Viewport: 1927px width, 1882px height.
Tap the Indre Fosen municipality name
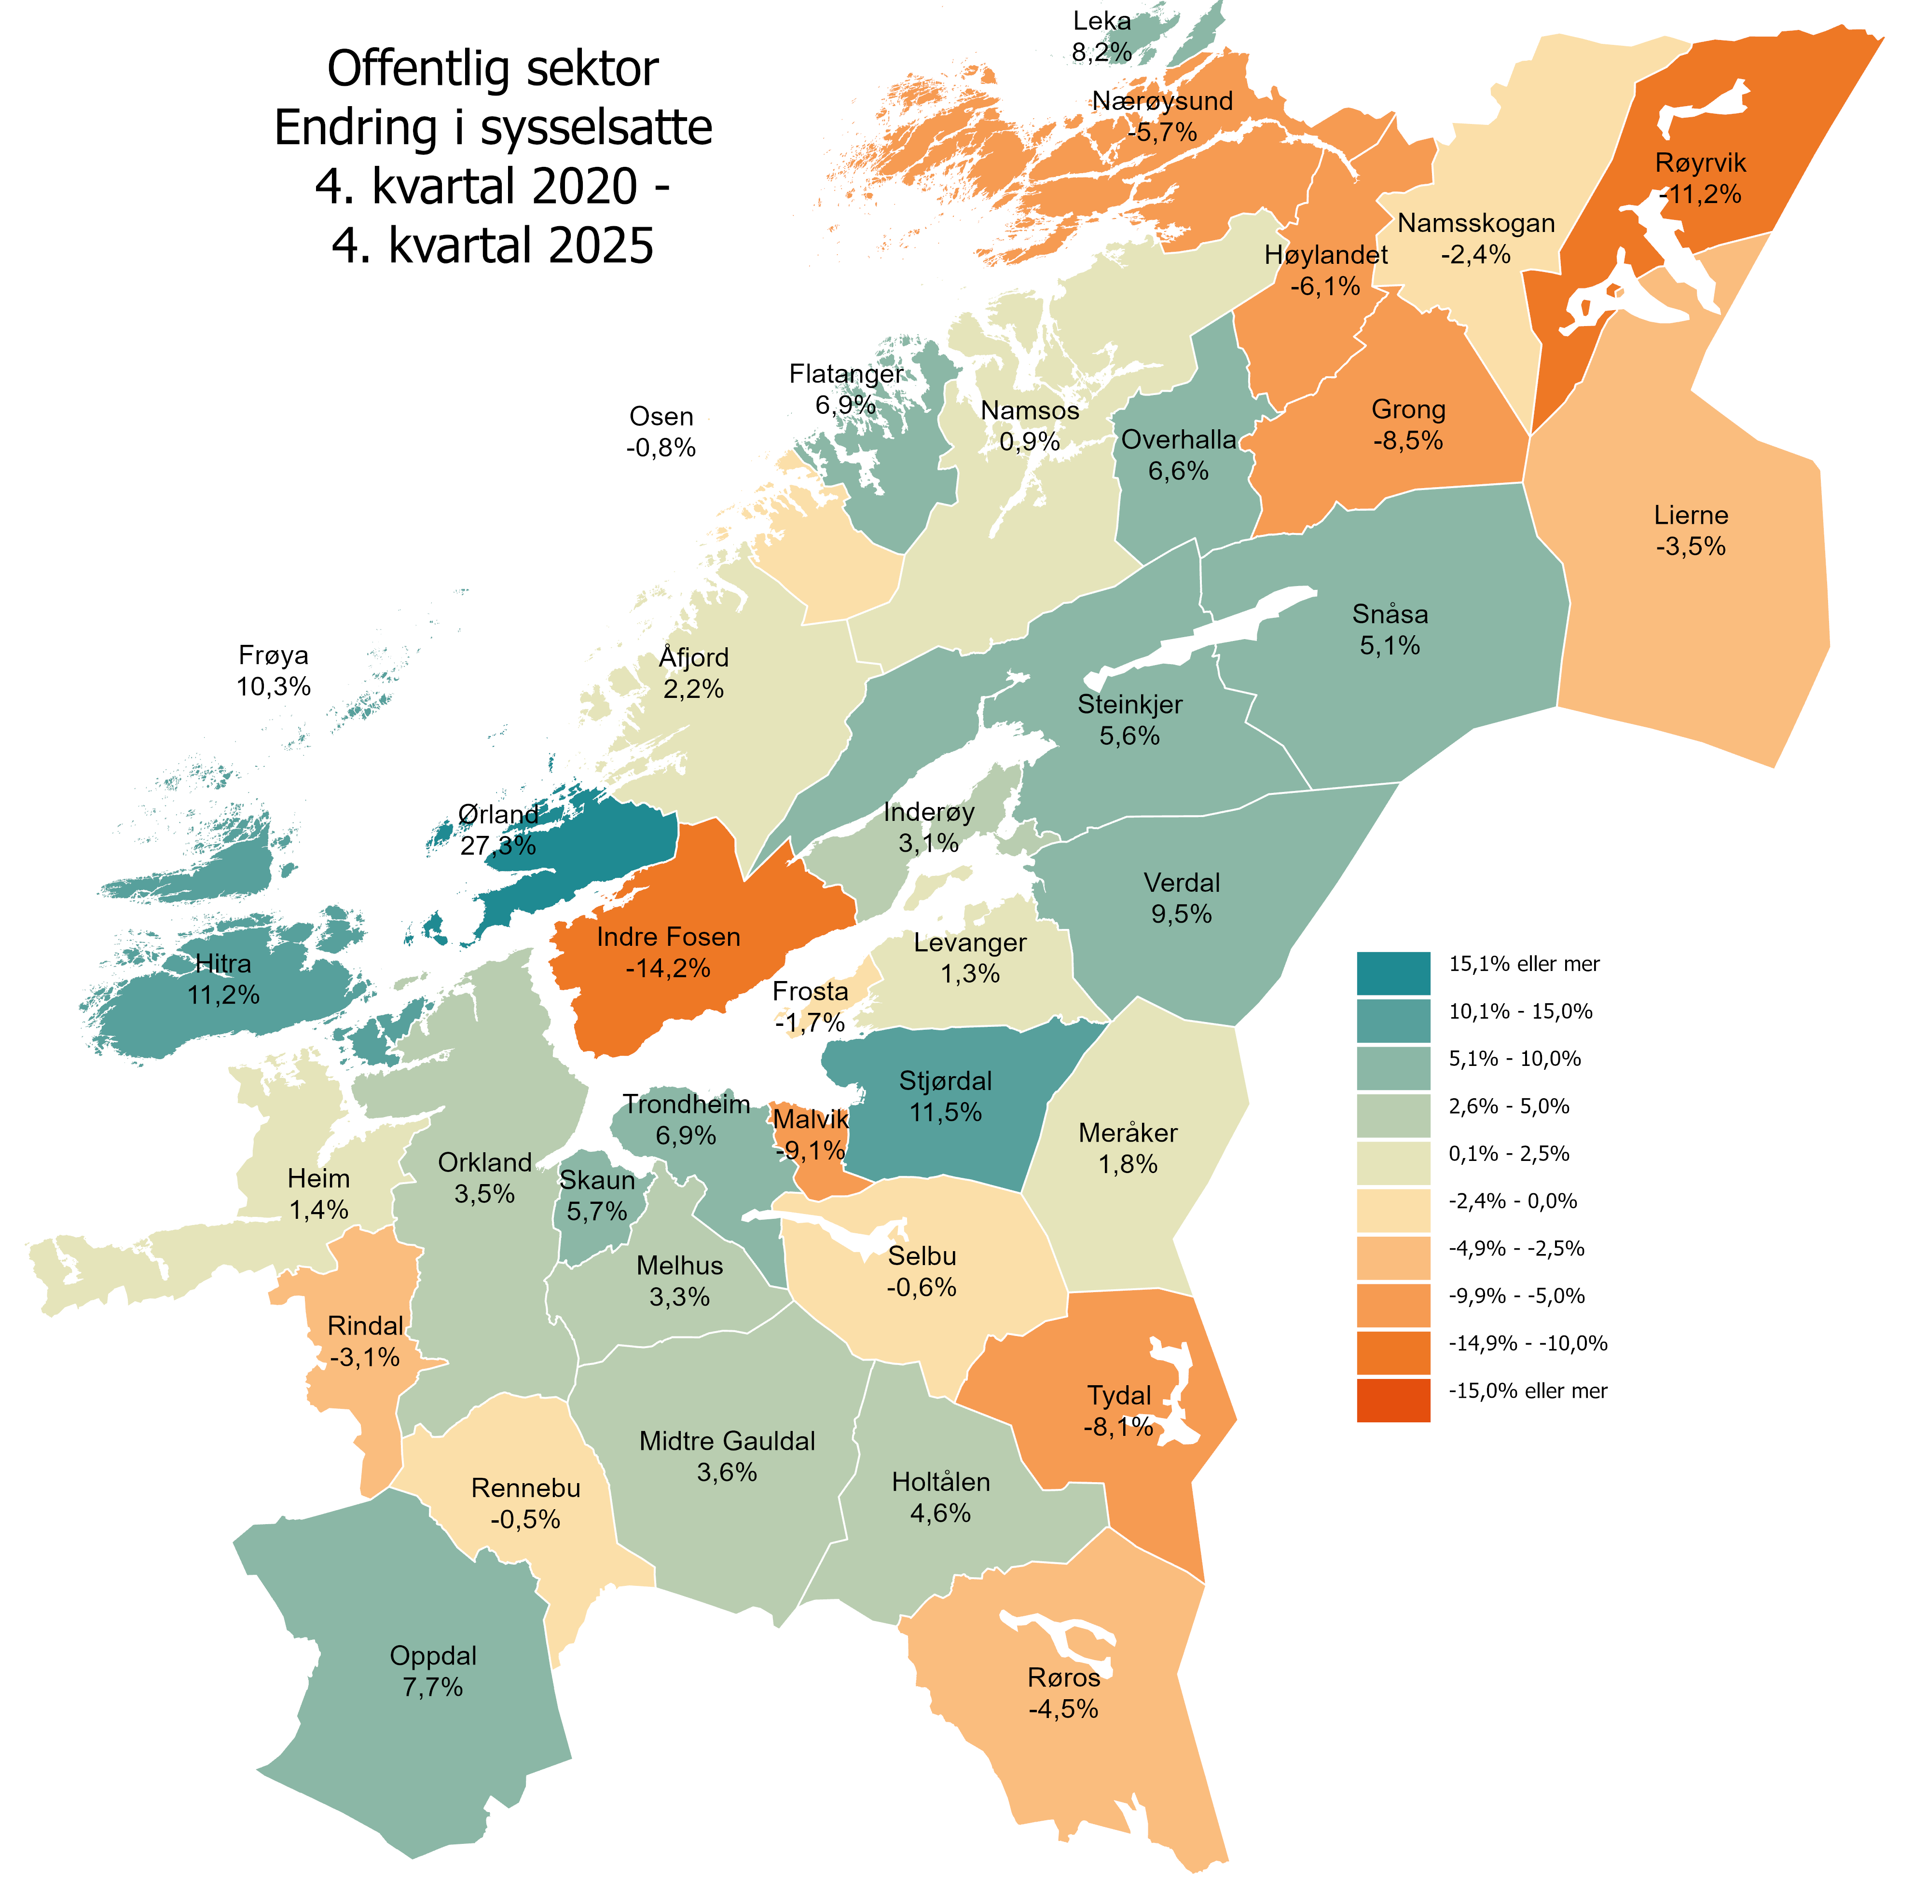(668, 937)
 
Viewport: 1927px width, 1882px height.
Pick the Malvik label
(811, 1119)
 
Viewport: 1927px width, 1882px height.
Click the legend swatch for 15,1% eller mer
(1392, 973)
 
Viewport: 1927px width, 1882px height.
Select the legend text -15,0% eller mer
(1528, 1391)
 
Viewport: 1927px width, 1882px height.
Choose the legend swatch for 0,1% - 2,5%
(1392, 1162)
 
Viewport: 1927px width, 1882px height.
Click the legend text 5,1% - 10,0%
(1514, 1059)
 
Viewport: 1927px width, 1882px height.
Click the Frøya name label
(274, 655)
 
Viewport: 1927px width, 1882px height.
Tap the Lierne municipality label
(1691, 515)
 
